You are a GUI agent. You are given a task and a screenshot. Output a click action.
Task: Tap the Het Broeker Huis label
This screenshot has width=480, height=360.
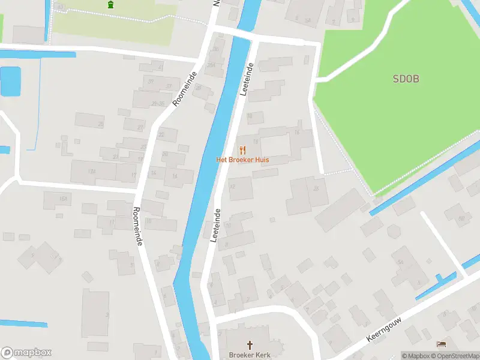coord(242,160)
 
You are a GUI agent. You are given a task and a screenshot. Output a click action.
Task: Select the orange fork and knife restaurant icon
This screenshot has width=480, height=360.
coord(242,150)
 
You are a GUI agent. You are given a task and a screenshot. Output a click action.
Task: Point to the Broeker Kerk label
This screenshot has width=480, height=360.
coord(250,355)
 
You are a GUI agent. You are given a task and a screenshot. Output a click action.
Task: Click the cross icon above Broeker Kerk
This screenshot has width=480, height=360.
coord(250,344)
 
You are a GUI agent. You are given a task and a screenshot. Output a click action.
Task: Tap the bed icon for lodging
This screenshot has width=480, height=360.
coord(442,344)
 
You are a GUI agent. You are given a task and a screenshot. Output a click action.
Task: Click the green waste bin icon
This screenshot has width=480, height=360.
coord(110,5)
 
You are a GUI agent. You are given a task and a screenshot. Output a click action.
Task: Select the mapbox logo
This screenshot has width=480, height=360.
coord(26,353)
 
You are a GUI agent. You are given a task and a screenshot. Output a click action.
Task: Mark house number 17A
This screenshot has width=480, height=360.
coord(92,172)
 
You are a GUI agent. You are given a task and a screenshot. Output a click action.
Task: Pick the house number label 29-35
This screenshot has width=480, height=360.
coord(158,104)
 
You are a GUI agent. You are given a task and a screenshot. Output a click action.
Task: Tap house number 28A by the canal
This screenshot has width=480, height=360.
coord(211,65)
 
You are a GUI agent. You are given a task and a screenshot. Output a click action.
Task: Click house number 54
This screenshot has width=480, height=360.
coord(400,262)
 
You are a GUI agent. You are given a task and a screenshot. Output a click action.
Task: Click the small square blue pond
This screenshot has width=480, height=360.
coord(10,81)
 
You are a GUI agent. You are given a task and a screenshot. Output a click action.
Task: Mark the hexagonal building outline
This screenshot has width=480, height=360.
coord(394,231)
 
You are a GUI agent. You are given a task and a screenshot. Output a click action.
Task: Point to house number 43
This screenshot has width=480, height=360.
coord(60,7)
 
